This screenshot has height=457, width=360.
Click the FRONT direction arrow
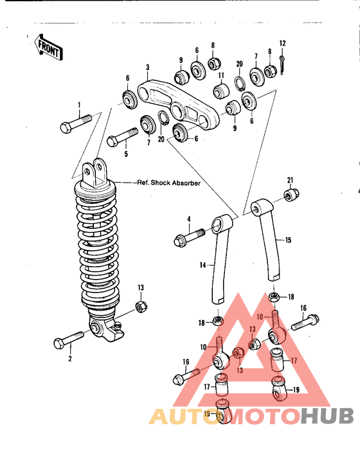pyautogui.click(x=48, y=47)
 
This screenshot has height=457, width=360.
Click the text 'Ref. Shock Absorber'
pyautogui.click(x=169, y=183)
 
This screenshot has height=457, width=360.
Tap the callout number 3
pyautogui.click(x=147, y=67)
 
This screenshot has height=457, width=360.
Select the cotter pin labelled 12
pyautogui.click(x=282, y=65)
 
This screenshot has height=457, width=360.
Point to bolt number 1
pyautogui.click(x=75, y=123)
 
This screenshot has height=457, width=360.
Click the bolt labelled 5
pyautogui.click(x=122, y=137)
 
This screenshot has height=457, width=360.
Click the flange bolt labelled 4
pyautogui.click(x=189, y=237)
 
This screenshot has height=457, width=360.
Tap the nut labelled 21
pyautogui.click(x=291, y=195)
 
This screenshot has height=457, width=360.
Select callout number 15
pyautogui.click(x=288, y=240)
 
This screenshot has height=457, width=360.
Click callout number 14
pyautogui.click(x=203, y=265)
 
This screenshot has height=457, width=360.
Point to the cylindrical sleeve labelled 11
pyautogui.click(x=221, y=91)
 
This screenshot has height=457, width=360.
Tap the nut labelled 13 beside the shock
pyautogui.click(x=141, y=307)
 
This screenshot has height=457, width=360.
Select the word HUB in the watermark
pyautogui.click(x=327, y=417)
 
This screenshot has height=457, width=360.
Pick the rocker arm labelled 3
pyautogui.click(x=179, y=105)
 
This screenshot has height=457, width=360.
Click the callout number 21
pyautogui.click(x=290, y=180)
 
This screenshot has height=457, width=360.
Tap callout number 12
pyautogui.click(x=282, y=44)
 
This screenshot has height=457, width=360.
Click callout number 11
pyautogui.click(x=221, y=75)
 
